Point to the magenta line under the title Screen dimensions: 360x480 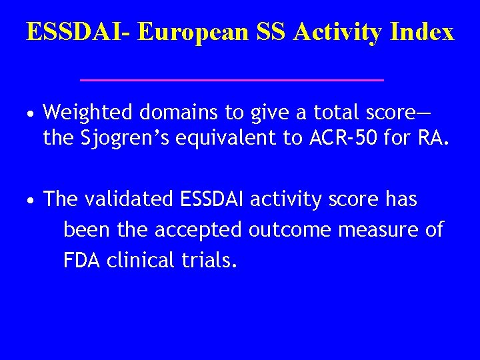231,79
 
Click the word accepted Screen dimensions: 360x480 199,230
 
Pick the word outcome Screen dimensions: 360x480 291,230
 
